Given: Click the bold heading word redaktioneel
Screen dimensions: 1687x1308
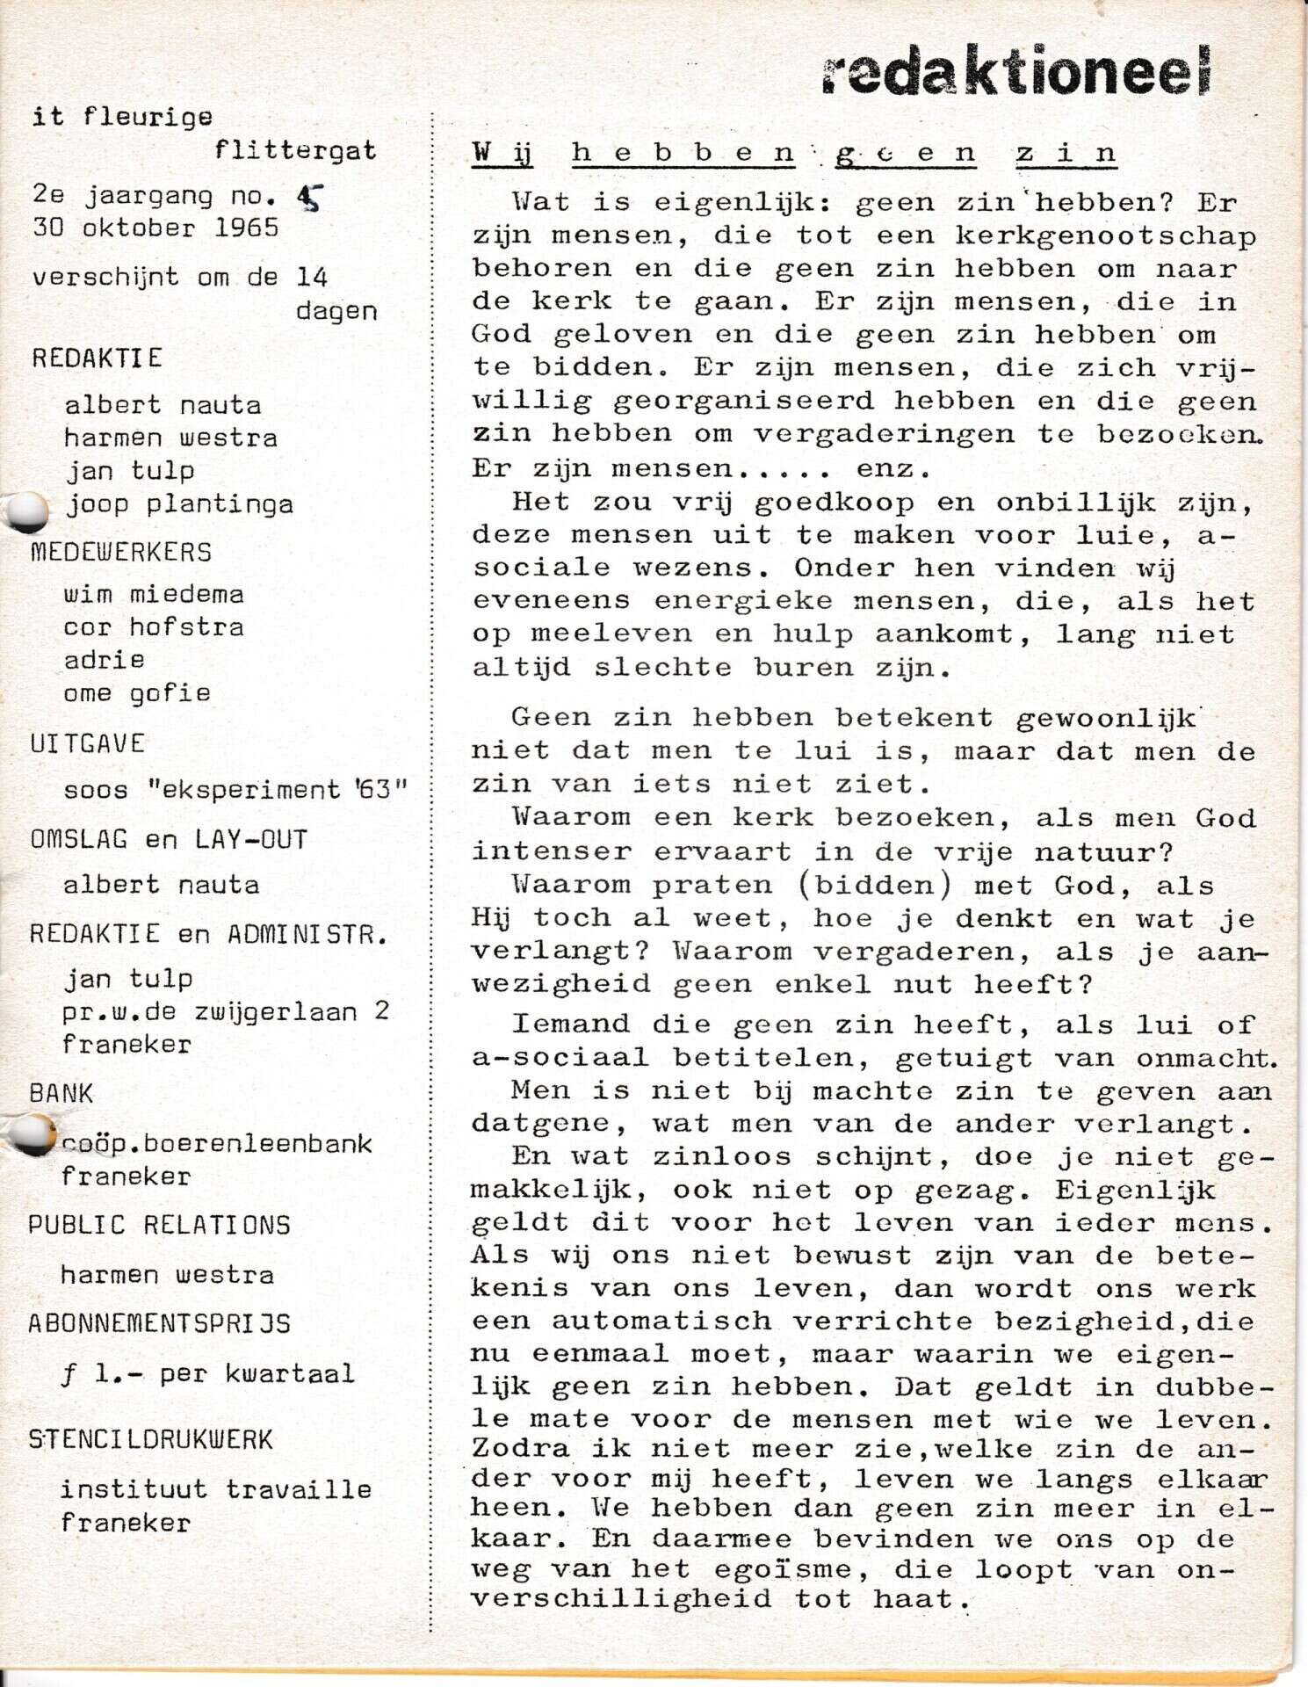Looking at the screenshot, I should [x=1017, y=69].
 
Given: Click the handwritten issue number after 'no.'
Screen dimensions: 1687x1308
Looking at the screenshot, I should [x=309, y=199].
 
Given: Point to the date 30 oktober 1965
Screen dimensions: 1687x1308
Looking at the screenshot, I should [x=155, y=228].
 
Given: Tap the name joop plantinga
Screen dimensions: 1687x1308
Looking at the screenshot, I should [x=180, y=504].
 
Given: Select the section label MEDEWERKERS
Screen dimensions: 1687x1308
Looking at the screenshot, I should [x=121, y=553].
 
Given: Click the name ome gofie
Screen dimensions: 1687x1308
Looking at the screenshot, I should [x=137, y=693].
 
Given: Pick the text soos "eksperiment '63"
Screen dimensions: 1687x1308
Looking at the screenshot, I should [x=235, y=789].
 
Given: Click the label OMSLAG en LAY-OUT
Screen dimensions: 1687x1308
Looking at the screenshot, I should [x=169, y=839].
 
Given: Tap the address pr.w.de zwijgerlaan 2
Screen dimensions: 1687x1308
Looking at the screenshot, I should [x=226, y=1011].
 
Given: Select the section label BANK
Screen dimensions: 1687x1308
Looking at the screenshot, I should [x=61, y=1093].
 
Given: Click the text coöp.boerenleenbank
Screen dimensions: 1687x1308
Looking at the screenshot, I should [x=217, y=1143].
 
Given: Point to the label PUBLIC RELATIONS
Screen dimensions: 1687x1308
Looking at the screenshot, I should [x=159, y=1225].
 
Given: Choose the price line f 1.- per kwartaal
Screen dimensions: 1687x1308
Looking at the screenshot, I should [x=207, y=1373].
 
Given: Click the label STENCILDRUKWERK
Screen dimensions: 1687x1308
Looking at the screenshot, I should [x=150, y=1439].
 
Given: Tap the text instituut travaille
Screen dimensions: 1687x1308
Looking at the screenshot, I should [x=216, y=1489].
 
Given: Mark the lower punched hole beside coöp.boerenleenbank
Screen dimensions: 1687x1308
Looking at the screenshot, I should [x=33, y=1133].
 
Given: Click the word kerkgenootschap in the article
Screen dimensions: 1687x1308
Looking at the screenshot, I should [x=1105, y=236].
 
